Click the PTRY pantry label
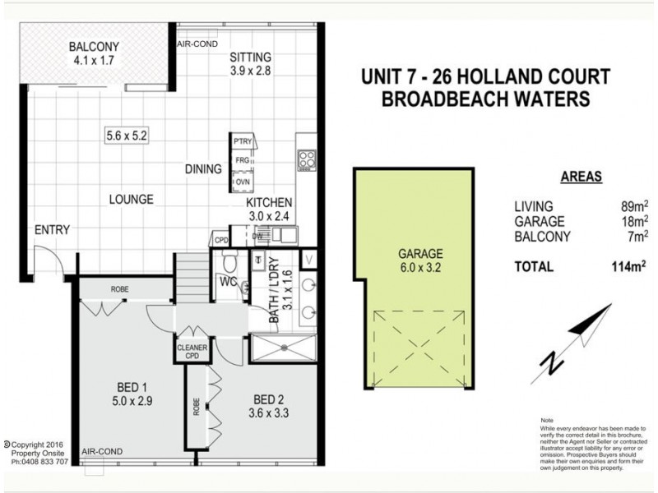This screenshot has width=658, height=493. point(243,142)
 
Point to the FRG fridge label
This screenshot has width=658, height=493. point(243,161)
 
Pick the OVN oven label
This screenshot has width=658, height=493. point(243,181)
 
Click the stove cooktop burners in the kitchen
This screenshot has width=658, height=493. point(306,158)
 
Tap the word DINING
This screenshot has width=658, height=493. point(204,170)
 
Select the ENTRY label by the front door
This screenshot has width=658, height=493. point(51,229)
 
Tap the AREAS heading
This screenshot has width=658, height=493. point(581,176)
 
